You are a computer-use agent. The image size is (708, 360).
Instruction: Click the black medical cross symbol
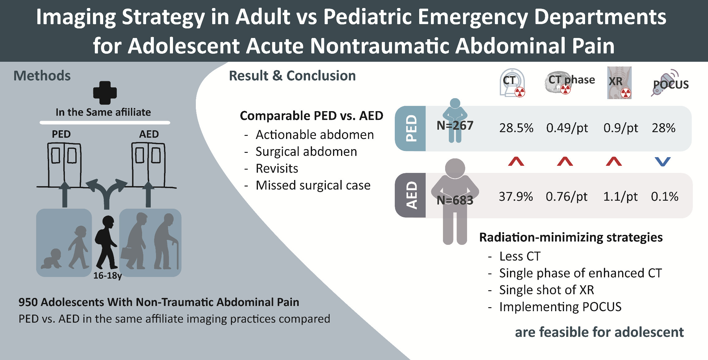[x=105, y=93]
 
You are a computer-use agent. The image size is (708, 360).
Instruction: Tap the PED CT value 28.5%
[x=516, y=128]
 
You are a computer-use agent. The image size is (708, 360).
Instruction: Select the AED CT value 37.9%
[x=516, y=196]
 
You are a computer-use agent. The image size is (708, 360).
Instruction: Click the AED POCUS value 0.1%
[x=664, y=196]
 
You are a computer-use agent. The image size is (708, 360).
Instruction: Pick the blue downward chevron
[x=663, y=161]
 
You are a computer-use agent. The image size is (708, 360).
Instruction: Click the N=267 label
[x=455, y=125]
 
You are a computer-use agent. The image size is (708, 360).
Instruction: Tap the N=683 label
[x=455, y=200]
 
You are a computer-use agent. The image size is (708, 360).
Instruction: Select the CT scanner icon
[x=512, y=83]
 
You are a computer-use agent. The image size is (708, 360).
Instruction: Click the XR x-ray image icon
[x=619, y=83]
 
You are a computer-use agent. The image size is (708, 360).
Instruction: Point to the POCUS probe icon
[x=664, y=83]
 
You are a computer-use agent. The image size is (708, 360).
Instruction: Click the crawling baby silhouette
[x=51, y=258]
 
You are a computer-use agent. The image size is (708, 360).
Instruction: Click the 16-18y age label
[x=107, y=275]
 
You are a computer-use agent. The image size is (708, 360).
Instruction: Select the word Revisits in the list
[x=277, y=169]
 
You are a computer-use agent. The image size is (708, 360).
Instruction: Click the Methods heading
[x=42, y=76]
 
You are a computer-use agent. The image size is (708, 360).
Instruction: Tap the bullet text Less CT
[x=520, y=256]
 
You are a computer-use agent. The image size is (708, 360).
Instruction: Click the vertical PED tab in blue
[x=411, y=128]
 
